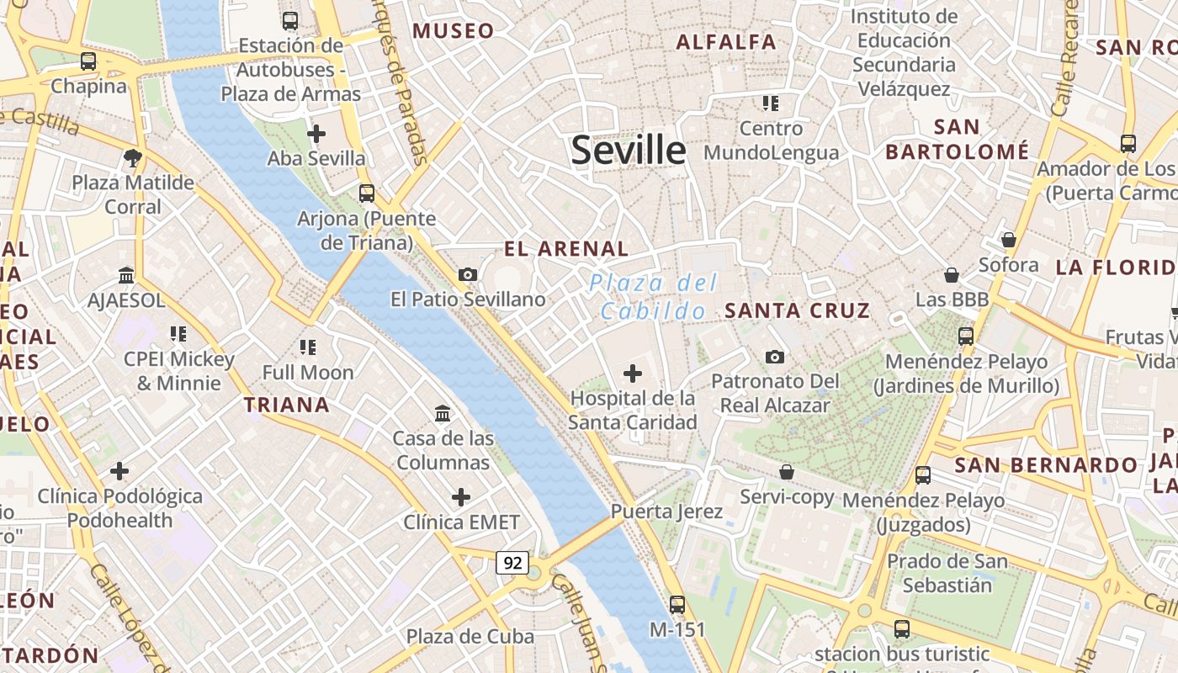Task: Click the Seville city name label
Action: [x=629, y=150]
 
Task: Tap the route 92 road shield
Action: [x=512, y=562]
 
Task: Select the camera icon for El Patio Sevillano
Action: [x=468, y=274]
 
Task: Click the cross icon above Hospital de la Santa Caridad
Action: [x=633, y=373]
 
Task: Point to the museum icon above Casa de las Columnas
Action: [x=443, y=413]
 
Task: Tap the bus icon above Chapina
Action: [x=88, y=61]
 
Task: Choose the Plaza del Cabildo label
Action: [x=654, y=296]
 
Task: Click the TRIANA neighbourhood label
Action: [x=287, y=405]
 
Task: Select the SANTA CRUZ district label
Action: [x=797, y=310]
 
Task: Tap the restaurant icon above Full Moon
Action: [x=308, y=347]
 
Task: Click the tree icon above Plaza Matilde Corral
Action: [x=132, y=157]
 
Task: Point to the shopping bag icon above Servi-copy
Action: [x=787, y=472]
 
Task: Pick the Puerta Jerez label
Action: [x=666, y=511]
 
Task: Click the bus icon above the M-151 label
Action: [x=677, y=604]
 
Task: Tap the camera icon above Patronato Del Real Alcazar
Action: [x=775, y=357]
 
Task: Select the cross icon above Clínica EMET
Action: [x=460, y=497]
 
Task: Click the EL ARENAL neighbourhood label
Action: [x=566, y=249]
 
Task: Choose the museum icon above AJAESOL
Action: [x=126, y=275]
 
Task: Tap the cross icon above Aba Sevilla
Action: [x=316, y=133]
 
